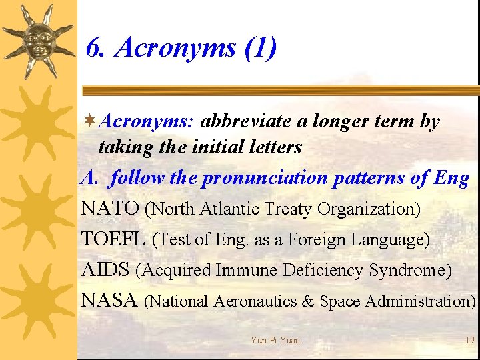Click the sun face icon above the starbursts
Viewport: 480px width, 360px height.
[x=38, y=40]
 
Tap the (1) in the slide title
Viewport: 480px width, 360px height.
[x=261, y=49]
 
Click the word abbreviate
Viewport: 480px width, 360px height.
[x=243, y=121]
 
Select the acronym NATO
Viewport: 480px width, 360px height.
[x=110, y=209]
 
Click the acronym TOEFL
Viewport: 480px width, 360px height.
[x=113, y=239]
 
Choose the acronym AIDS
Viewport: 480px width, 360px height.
[x=106, y=270]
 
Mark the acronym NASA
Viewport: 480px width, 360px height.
[x=110, y=301]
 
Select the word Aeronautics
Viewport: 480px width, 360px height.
[x=254, y=301]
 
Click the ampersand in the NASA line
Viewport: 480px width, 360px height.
[x=307, y=301]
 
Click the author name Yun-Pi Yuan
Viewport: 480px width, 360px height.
[x=275, y=340]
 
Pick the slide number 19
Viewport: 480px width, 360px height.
[x=470, y=340]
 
